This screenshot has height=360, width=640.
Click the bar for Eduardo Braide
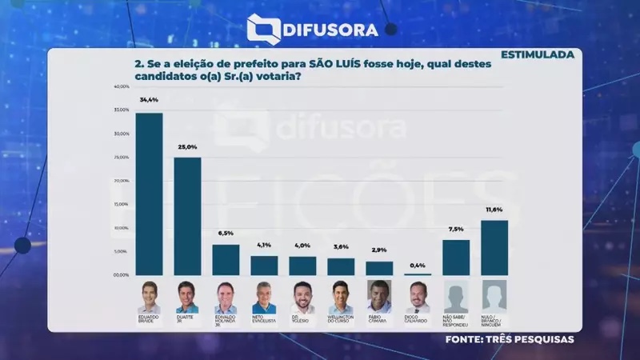149,194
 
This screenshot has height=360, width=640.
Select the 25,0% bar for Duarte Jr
187,216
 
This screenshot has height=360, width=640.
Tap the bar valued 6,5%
226,260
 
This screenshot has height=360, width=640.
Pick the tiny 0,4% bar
418,274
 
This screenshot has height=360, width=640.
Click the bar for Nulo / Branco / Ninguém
494,248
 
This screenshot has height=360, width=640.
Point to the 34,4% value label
149,100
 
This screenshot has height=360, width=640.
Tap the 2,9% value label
379,250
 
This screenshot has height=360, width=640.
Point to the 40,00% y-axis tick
122,86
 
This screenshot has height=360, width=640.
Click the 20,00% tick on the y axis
122,181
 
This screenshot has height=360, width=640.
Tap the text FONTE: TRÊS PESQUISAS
510,340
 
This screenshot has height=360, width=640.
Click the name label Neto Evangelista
264,319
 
